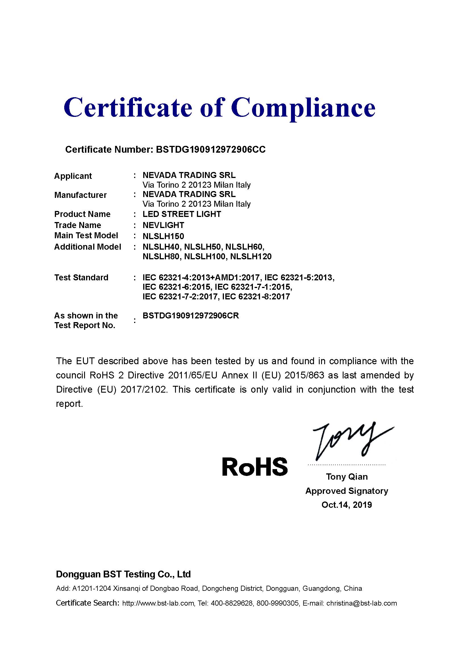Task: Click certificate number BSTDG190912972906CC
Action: (210, 150)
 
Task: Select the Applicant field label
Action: (73, 176)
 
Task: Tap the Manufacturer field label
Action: (80, 195)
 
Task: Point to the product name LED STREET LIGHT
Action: (182, 214)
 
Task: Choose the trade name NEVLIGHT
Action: (163, 225)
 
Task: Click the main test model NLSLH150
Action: (163, 236)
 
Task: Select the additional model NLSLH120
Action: (251, 257)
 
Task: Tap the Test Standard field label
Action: (81, 277)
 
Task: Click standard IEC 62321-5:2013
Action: (299, 277)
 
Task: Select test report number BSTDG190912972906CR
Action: (191, 316)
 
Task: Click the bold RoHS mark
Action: (255, 467)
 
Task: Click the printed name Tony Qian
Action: (347, 477)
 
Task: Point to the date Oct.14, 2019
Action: (347, 505)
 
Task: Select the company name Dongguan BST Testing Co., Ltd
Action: (123, 574)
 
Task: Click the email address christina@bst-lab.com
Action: (361, 603)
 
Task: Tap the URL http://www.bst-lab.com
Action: (158, 603)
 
